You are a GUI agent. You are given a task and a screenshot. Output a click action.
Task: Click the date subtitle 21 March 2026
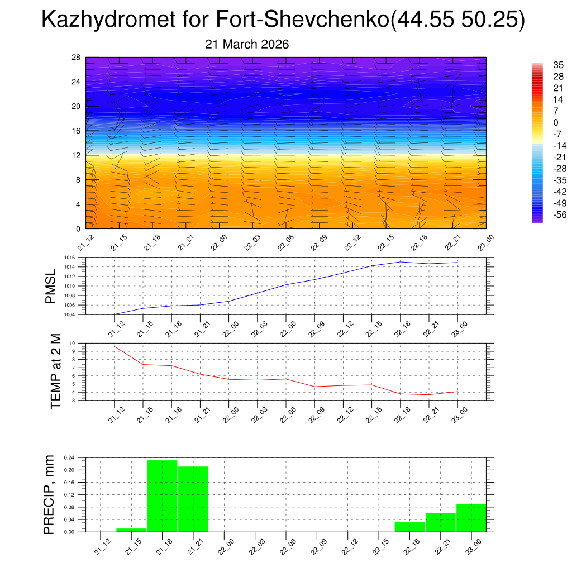tap(247, 45)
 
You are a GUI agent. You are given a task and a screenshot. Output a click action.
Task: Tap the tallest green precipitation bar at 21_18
tap(162, 496)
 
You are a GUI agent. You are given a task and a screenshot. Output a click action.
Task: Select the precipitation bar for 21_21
tap(193, 499)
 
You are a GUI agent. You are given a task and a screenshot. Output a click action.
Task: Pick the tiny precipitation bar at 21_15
tap(131, 530)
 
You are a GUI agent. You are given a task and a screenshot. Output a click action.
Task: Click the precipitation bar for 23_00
tap(471, 518)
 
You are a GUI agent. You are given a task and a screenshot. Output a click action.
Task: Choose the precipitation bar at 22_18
tap(409, 527)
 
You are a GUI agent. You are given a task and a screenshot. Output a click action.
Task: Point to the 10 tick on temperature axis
tap(72, 343)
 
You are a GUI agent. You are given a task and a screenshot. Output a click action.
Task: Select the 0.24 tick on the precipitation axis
tap(69, 457)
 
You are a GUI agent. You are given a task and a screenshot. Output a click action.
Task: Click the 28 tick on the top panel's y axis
tap(77, 58)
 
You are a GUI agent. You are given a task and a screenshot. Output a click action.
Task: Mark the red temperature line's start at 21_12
tap(115, 346)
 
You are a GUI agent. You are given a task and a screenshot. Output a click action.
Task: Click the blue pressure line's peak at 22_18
tap(401, 261)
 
